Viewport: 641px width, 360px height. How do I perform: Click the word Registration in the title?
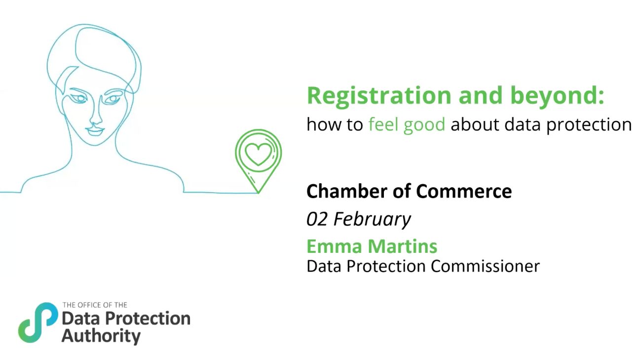point(379,96)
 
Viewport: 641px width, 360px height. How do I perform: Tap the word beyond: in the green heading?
point(557,96)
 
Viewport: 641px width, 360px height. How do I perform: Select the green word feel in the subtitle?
point(382,124)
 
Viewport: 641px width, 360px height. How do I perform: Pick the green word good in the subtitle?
point(424,125)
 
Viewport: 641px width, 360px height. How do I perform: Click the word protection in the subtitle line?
point(589,125)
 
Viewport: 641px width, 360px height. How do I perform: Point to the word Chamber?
point(347,191)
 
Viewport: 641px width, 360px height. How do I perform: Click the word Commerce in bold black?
point(464,191)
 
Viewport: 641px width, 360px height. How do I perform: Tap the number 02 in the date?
point(317,219)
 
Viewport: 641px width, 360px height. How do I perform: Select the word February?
point(372,220)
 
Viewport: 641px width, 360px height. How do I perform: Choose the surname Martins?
point(403,246)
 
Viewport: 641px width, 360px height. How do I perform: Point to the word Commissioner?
point(486,266)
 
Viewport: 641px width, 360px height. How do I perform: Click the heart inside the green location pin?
point(258,155)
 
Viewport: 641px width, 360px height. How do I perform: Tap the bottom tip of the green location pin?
point(259,193)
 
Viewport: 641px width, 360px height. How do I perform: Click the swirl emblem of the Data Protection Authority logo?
point(38,322)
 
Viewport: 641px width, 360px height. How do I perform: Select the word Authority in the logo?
point(101,336)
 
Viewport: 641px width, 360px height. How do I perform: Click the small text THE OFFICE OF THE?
point(95,305)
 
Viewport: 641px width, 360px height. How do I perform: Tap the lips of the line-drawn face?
point(95,131)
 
